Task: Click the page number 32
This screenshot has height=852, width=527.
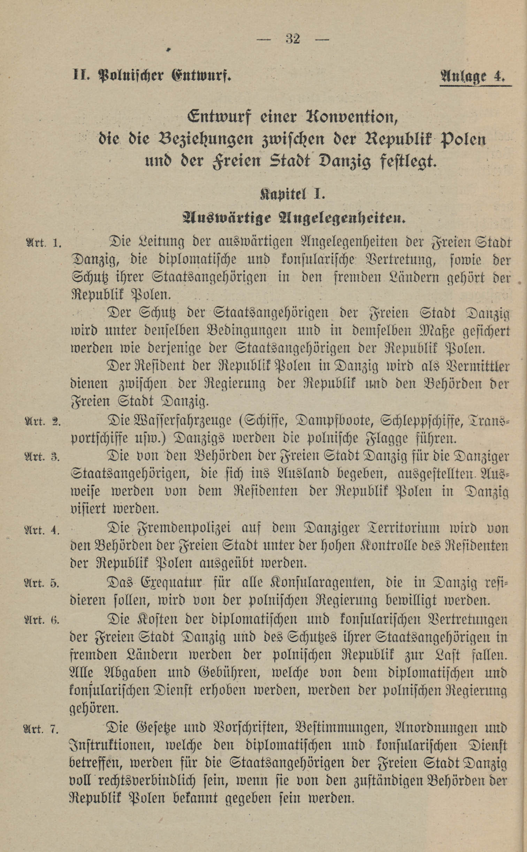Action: click(293, 39)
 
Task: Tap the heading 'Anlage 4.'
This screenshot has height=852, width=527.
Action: click(473, 76)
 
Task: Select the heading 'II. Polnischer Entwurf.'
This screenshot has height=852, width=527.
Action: click(152, 76)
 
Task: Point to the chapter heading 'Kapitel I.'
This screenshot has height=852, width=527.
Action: click(292, 194)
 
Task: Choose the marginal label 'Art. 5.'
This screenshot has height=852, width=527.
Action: click(42, 583)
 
